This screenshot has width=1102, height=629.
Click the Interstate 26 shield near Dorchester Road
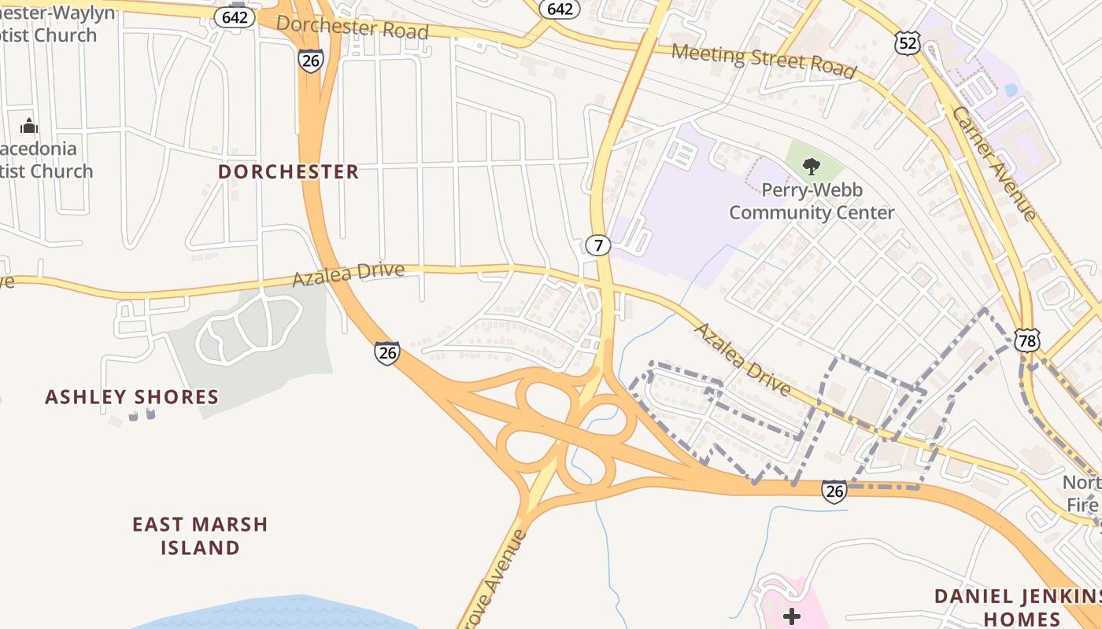(x=311, y=61)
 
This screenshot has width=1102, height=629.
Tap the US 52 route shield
(x=907, y=43)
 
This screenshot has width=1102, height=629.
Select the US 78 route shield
(x=1026, y=340)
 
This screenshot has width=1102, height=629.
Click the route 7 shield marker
(x=598, y=245)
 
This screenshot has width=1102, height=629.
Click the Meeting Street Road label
(x=764, y=61)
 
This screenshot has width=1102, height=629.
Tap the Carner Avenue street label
(x=994, y=163)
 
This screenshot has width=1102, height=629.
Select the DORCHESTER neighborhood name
(x=288, y=171)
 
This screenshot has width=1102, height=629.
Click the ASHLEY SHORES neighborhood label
(x=131, y=397)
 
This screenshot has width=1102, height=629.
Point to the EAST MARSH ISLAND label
(x=200, y=535)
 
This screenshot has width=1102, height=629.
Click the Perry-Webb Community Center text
(x=812, y=201)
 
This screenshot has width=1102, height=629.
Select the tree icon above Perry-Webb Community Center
(x=811, y=166)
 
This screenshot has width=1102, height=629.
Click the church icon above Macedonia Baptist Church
(x=29, y=126)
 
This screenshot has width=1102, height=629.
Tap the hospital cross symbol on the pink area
(x=792, y=616)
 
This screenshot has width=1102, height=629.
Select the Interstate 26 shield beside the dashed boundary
(x=834, y=491)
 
